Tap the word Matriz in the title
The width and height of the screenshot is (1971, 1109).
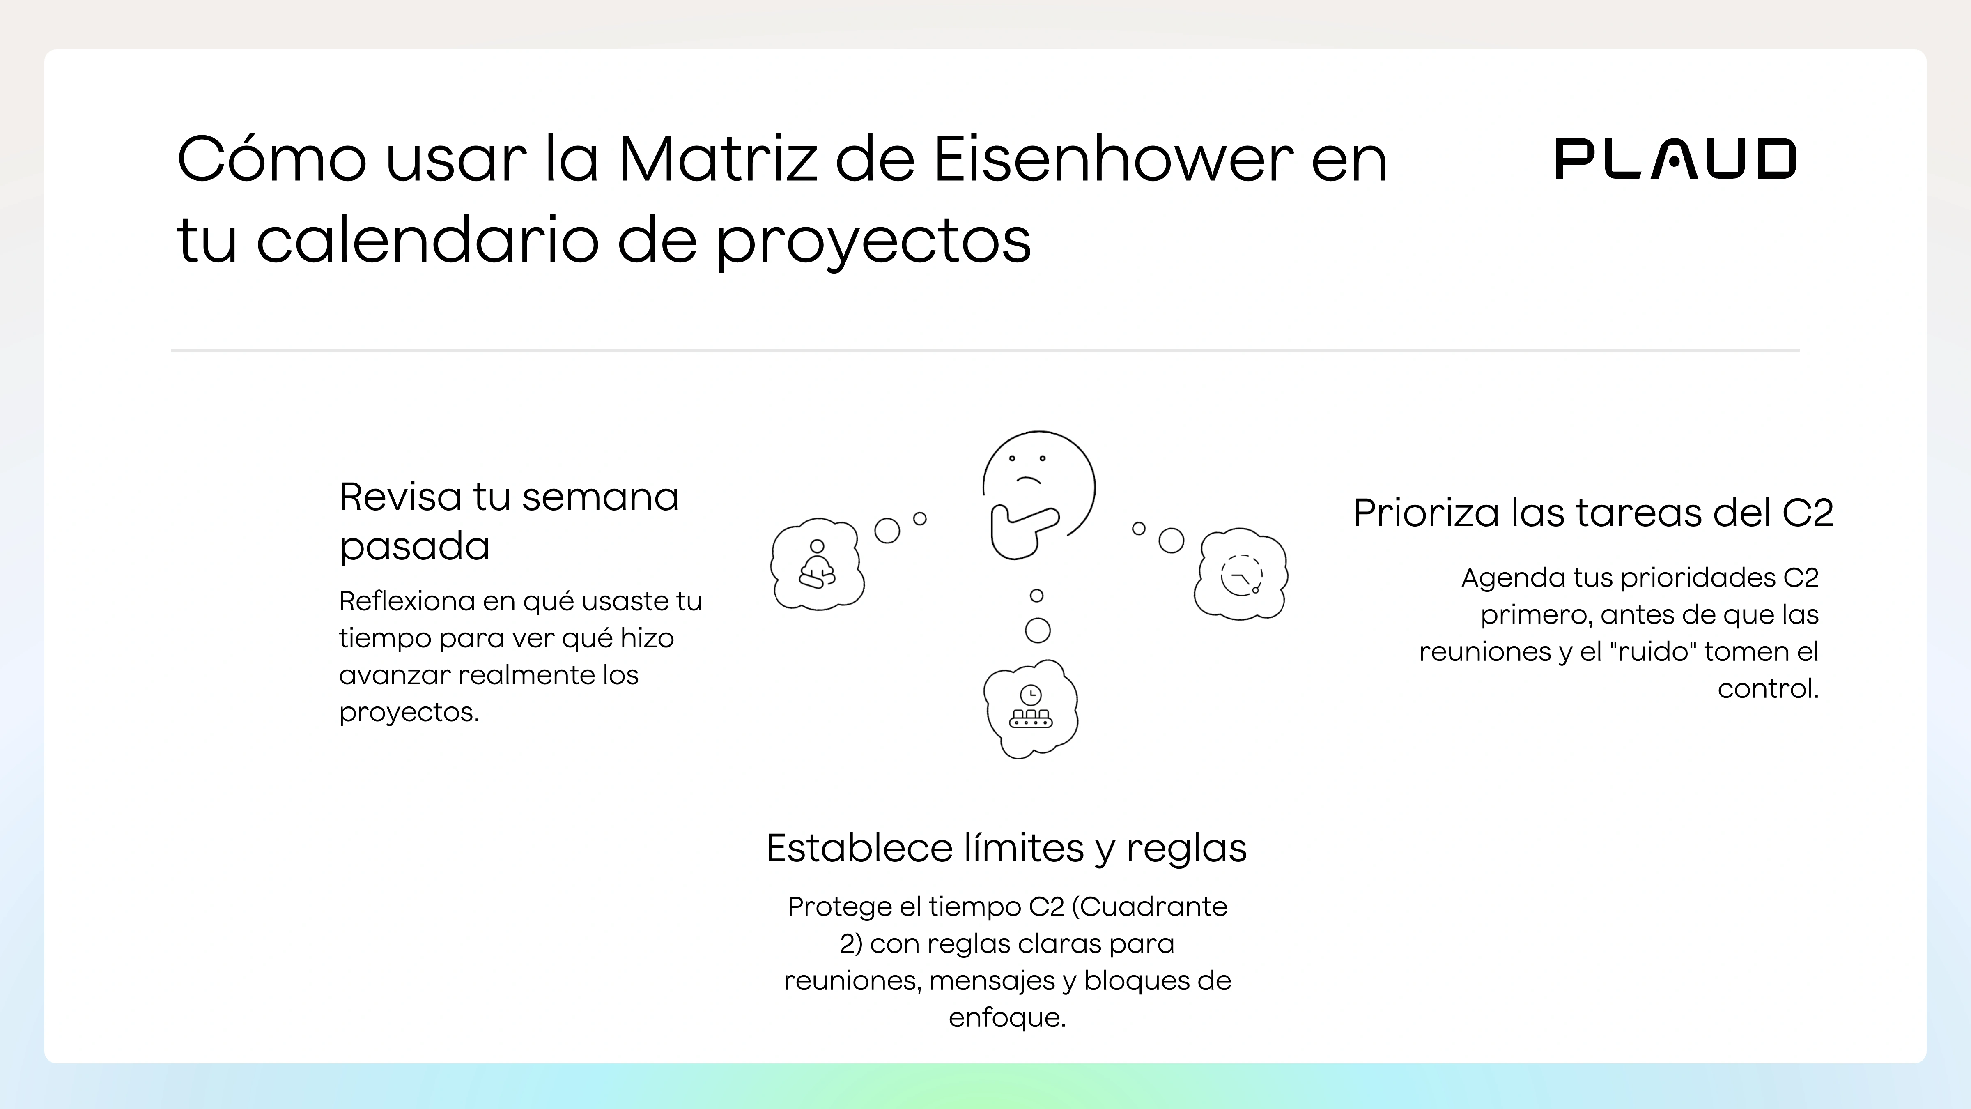click(718, 159)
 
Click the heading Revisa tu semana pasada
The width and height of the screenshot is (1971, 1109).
click(509, 520)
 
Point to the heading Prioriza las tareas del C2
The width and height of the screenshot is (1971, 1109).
click(1593, 513)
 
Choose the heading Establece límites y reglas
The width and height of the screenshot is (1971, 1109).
click(1006, 848)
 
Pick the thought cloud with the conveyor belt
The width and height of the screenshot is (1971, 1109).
click(1031, 709)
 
